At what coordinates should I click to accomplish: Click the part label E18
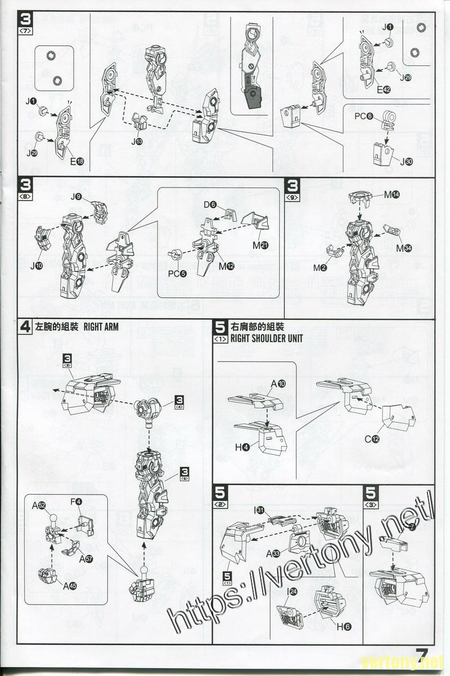click(x=77, y=161)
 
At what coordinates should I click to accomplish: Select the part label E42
click(x=384, y=90)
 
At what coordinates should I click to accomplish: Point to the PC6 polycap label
click(x=364, y=116)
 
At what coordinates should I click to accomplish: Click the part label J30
click(x=406, y=161)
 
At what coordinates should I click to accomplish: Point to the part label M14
click(x=392, y=194)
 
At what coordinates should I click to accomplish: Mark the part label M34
click(x=403, y=247)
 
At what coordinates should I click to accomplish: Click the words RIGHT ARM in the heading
click(x=101, y=327)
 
